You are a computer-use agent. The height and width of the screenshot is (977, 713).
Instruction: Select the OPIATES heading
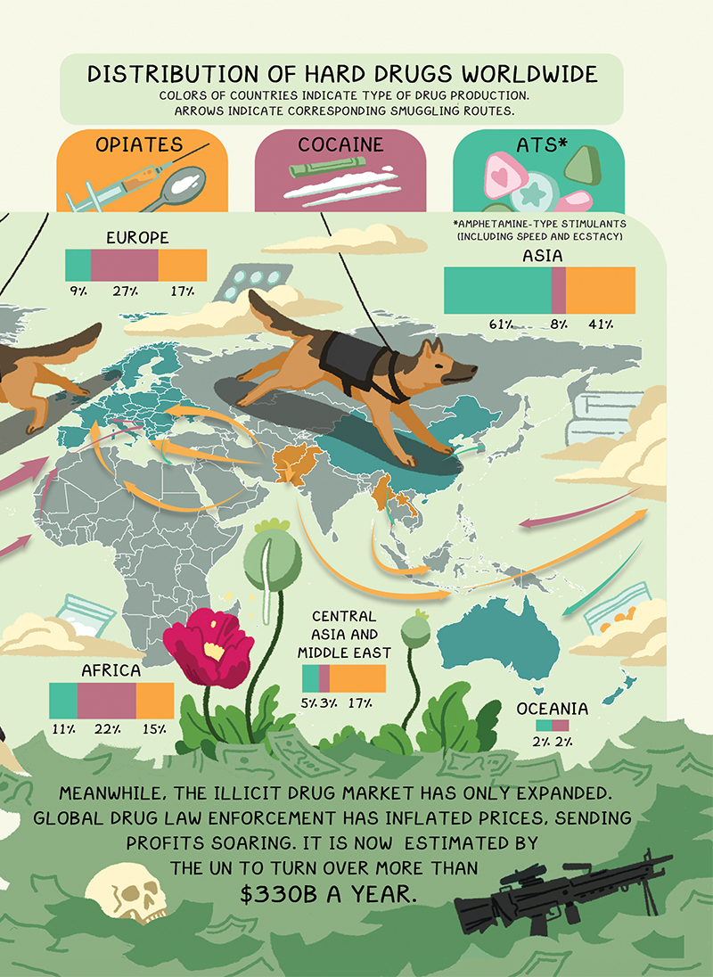[141, 144]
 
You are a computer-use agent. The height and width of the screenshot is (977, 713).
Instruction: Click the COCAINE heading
[340, 144]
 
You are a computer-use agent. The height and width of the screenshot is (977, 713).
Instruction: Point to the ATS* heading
[542, 144]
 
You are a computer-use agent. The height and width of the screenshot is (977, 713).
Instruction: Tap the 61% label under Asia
[500, 324]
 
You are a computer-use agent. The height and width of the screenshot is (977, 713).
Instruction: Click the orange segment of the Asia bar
[601, 291]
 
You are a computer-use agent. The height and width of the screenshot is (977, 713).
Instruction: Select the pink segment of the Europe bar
[125, 266]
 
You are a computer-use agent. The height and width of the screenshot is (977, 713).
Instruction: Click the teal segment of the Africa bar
[63, 701]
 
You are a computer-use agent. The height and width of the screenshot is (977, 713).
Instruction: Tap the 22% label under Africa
[108, 729]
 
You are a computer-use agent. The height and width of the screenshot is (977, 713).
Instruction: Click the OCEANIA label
[553, 709]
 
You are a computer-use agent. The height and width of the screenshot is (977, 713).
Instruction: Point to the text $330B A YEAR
[328, 895]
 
